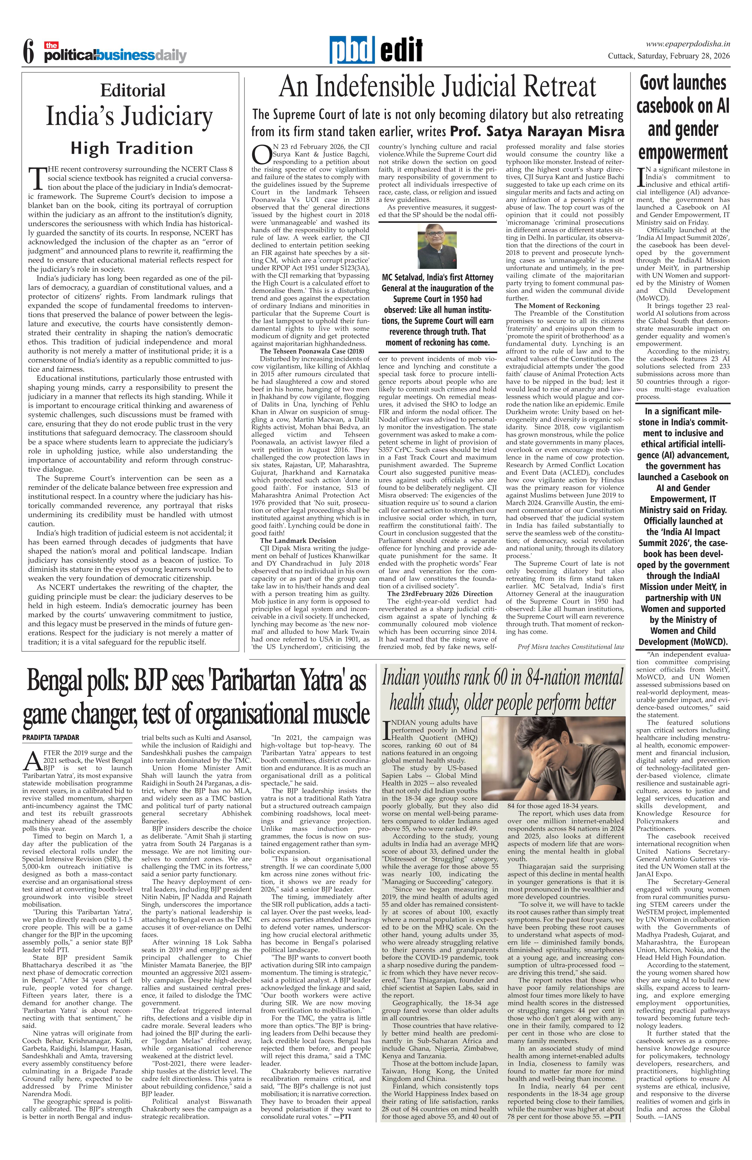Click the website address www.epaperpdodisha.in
(x=687, y=43)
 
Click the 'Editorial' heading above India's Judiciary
(x=133, y=91)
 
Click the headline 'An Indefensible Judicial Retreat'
(x=437, y=88)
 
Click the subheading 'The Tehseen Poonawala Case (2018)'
(x=312, y=351)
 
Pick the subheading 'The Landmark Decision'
(x=298, y=541)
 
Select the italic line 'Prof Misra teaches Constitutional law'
(x=571, y=647)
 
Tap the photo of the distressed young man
(x=552, y=758)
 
